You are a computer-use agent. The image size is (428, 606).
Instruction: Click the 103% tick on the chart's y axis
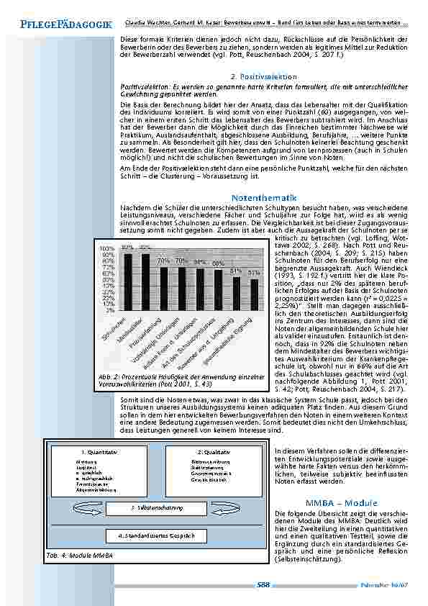click(108, 248)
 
